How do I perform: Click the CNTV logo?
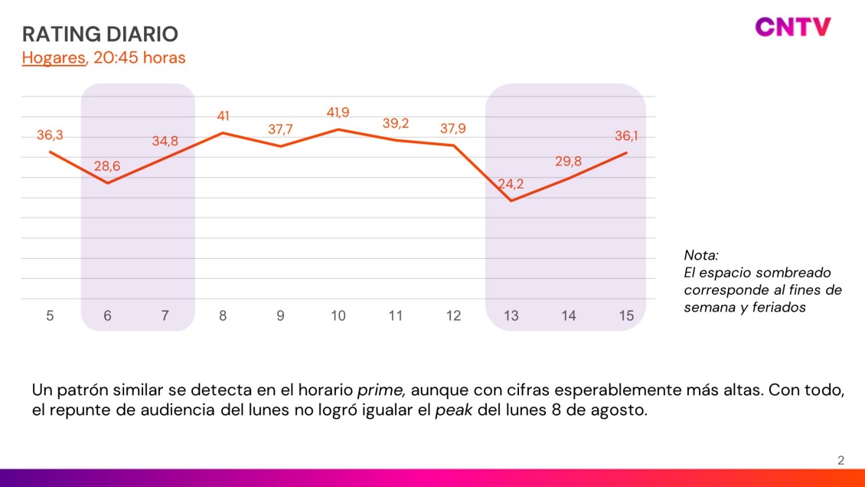(792, 28)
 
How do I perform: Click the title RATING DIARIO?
(100, 34)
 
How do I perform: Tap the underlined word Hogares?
(54, 57)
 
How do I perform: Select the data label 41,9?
(338, 113)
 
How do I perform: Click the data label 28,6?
(107, 166)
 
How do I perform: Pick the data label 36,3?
(50, 136)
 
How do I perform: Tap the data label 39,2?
(396, 123)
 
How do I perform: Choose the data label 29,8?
(568, 162)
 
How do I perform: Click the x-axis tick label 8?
(223, 315)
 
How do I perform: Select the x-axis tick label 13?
(511, 315)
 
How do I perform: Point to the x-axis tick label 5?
(50, 315)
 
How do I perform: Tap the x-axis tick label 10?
(338, 315)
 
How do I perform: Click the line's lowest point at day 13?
(511, 201)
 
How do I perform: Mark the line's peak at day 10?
(338, 129)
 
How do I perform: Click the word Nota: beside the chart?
(701, 255)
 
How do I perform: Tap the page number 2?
(841, 460)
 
